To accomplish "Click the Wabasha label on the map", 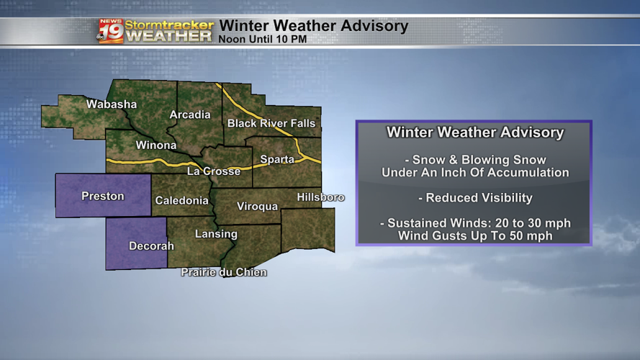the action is pyautogui.click(x=112, y=104).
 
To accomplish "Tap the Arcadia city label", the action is pyautogui.click(x=190, y=114).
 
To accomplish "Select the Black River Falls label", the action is pyautogui.click(x=271, y=123).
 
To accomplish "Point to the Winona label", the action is pyautogui.click(x=156, y=145).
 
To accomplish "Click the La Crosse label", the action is pyautogui.click(x=214, y=171).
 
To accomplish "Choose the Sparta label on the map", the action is pyautogui.click(x=277, y=159).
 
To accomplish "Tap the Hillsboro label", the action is pyautogui.click(x=320, y=197).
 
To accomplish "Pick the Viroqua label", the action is pyautogui.click(x=257, y=207).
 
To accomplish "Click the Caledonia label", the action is pyautogui.click(x=181, y=201).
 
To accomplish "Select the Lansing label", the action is pyautogui.click(x=216, y=234).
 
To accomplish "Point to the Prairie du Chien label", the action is pyautogui.click(x=224, y=272).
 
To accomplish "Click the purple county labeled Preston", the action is pyautogui.click(x=103, y=196).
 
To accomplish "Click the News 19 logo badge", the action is pyautogui.click(x=111, y=31).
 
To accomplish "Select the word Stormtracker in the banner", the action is pyautogui.click(x=169, y=24).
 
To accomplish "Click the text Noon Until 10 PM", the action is pyautogui.click(x=262, y=39).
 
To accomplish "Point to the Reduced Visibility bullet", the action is pyautogui.click(x=475, y=198).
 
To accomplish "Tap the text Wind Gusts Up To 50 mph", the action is pyautogui.click(x=475, y=235).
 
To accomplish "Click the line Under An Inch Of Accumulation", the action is pyautogui.click(x=475, y=173).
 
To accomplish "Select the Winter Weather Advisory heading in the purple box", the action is pyautogui.click(x=475, y=132).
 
